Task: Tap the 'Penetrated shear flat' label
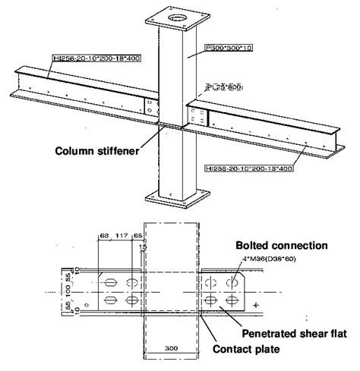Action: [x=289, y=333]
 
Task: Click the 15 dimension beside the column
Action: [x=143, y=247]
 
